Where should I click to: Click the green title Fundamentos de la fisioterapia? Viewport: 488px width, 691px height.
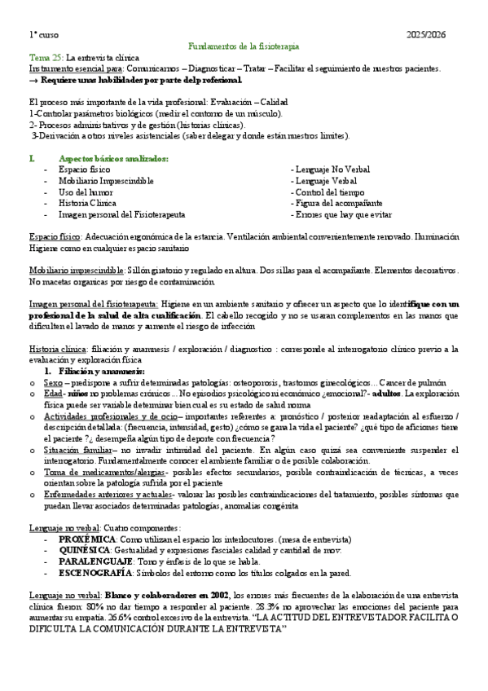point(244,47)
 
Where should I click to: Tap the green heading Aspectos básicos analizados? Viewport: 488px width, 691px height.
point(113,158)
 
